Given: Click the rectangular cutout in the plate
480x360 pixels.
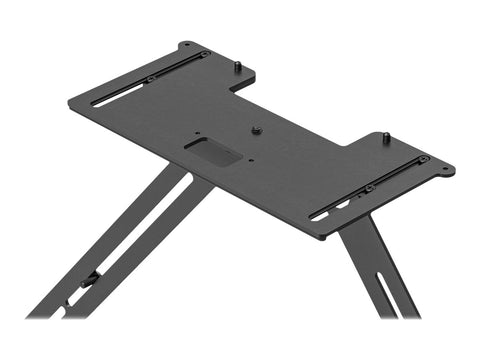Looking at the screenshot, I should pyautogui.click(x=213, y=152).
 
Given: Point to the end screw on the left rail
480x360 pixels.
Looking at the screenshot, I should pyautogui.click(x=204, y=55).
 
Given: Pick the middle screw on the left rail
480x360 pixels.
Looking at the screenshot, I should pyautogui.click(x=150, y=79).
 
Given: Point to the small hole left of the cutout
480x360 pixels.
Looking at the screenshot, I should pyautogui.click(x=197, y=134).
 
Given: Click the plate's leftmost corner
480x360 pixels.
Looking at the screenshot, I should pyautogui.click(x=69, y=102).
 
